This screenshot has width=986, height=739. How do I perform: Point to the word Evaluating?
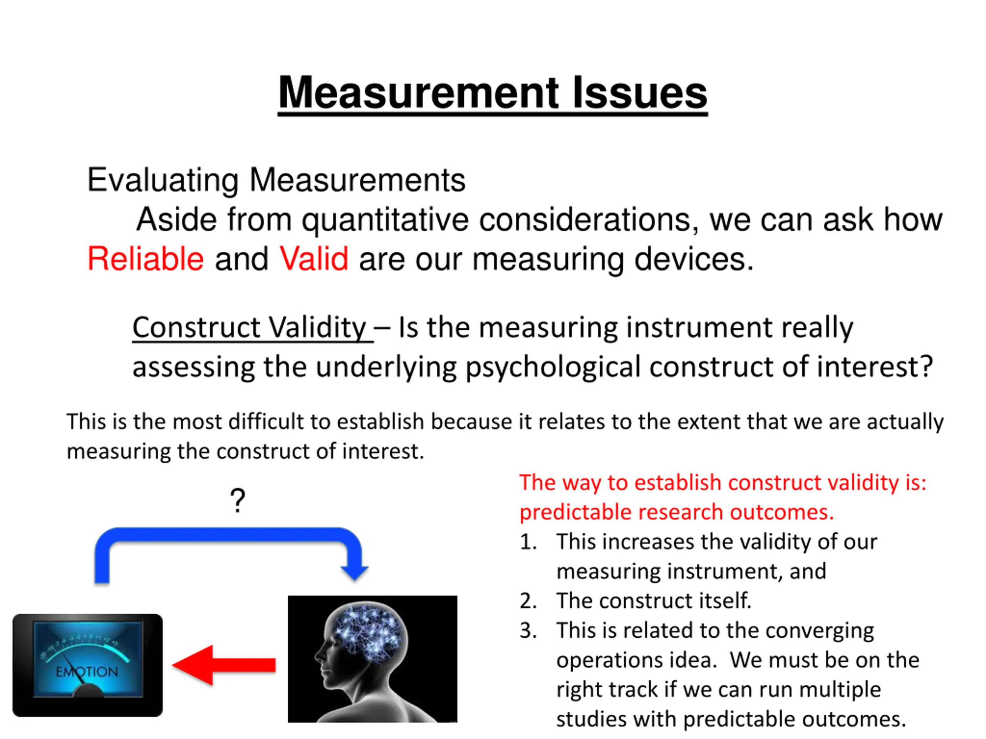(x=163, y=181)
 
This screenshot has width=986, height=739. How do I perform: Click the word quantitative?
(x=385, y=220)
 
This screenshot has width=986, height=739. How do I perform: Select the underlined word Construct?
(x=196, y=328)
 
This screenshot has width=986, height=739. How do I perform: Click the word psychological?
(x=553, y=368)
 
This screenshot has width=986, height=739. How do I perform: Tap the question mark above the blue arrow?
(x=238, y=500)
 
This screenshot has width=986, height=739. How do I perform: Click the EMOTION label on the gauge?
(x=87, y=671)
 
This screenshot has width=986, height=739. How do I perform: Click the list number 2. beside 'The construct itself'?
(x=528, y=601)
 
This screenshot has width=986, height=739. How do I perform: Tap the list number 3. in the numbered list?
(x=528, y=631)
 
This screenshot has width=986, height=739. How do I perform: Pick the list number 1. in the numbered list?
(x=528, y=542)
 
